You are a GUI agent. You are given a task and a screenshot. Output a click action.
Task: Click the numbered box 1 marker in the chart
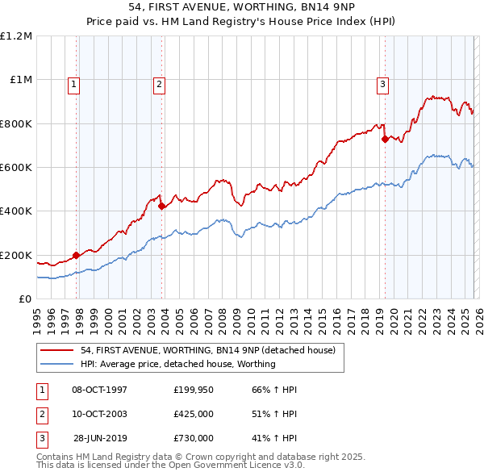click(73, 83)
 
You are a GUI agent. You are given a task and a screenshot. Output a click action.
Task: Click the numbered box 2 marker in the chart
click(159, 83)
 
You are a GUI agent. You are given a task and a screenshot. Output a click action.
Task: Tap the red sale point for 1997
click(77, 255)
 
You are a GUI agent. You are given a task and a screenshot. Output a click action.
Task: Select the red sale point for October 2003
click(162, 206)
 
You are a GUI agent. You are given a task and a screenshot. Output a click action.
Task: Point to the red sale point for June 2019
click(385, 139)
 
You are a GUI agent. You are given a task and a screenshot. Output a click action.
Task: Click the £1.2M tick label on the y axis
click(16, 36)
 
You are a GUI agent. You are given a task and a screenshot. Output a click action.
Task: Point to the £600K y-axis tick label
click(16, 168)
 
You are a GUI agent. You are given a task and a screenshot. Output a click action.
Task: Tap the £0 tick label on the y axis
click(24, 299)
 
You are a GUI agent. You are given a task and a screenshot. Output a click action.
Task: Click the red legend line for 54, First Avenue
click(57, 350)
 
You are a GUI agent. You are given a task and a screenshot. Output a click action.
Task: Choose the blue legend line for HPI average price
click(57, 364)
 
